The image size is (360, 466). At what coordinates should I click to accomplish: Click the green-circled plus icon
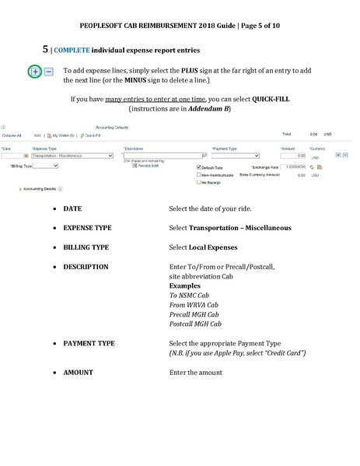35,72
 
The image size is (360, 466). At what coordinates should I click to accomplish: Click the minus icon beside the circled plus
48,72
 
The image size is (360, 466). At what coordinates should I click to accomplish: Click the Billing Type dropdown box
45,166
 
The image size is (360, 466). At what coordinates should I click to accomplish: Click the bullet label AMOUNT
78,373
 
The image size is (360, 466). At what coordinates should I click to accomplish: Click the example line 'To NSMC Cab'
190,296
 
